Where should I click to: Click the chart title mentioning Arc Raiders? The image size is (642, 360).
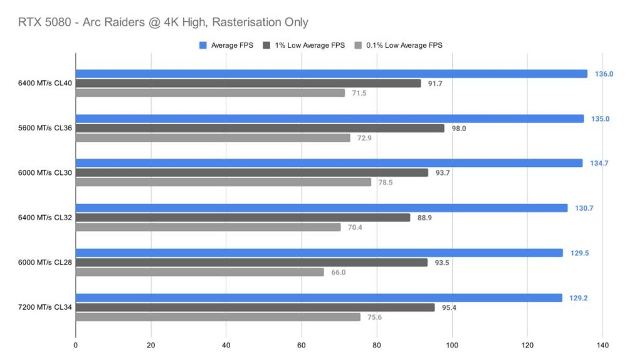[164, 23]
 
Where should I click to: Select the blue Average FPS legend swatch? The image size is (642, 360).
[203, 45]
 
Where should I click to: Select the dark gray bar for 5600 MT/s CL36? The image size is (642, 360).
[260, 128]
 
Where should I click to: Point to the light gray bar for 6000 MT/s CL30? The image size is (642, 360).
[223, 183]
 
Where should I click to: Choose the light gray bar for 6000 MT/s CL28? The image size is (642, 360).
[199, 272]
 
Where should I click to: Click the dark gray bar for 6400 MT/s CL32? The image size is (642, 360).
[243, 218]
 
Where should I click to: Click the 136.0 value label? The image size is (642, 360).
[604, 74]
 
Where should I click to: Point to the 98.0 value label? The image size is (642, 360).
[460, 128]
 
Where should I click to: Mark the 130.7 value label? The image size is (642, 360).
[584, 208]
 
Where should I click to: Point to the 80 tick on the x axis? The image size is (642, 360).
[377, 344]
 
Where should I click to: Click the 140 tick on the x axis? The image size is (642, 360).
[603, 344]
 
